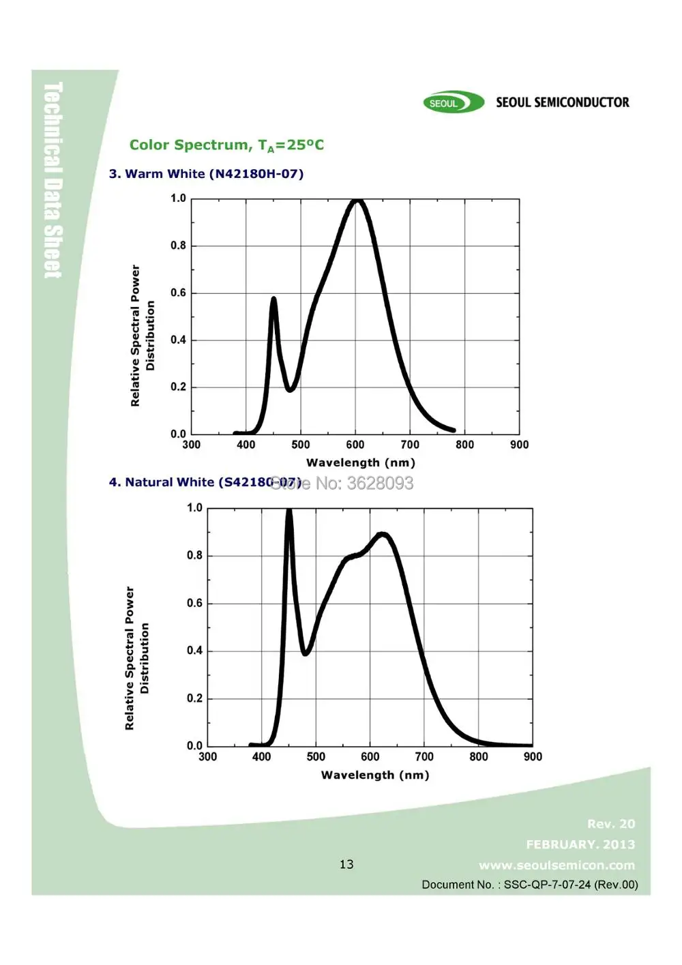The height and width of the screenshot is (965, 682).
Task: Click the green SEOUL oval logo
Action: coord(453,103)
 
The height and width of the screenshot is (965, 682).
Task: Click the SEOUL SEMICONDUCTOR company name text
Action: coord(562,102)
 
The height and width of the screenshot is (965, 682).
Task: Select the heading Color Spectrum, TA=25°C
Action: coord(226,145)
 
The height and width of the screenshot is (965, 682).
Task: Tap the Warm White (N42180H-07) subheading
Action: coord(206,174)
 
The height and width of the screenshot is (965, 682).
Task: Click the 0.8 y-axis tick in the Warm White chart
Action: coord(178,246)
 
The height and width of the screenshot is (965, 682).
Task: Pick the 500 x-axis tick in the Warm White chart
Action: coord(301,445)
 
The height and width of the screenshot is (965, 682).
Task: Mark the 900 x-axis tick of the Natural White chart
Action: coord(533,756)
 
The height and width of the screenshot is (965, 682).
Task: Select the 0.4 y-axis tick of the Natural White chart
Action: coord(194,651)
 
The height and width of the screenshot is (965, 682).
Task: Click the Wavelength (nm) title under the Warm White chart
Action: coord(360,462)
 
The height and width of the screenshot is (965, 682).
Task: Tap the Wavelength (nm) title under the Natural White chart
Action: coord(375,775)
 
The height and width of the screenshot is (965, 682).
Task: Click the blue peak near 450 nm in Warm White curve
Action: coord(273,299)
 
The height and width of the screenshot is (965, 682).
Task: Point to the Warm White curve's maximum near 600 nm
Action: coord(357,201)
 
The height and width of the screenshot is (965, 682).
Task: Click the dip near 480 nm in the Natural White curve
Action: coord(306,653)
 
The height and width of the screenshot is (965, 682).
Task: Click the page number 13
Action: coord(346,864)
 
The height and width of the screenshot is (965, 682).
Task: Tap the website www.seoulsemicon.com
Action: coord(557,865)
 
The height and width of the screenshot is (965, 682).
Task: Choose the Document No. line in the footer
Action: coord(529,885)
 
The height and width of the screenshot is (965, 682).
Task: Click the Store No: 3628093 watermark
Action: coord(342,483)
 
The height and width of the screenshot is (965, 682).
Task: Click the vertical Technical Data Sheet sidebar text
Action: coord(53,180)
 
